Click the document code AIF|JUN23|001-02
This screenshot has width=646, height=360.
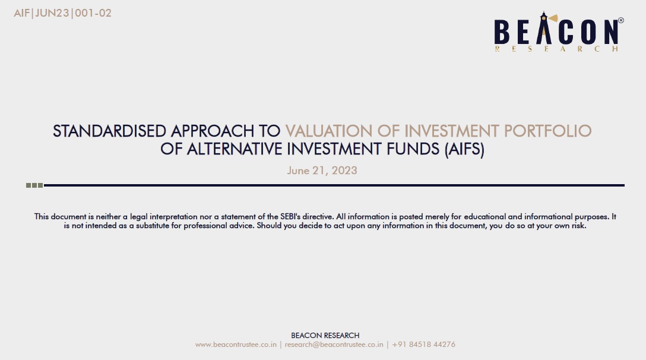click(x=62, y=13)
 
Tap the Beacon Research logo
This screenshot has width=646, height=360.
click(x=559, y=31)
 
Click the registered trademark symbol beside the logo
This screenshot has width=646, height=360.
click(x=621, y=20)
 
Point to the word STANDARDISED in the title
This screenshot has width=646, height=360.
click(x=109, y=131)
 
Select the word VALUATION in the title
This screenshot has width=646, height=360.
click(x=329, y=131)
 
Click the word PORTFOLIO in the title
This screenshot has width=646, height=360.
click(x=547, y=131)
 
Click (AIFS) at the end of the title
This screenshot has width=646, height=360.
click(x=464, y=149)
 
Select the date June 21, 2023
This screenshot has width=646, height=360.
click(x=322, y=170)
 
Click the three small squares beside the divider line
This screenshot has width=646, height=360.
click(x=34, y=185)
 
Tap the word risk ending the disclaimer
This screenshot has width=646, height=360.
click(x=578, y=226)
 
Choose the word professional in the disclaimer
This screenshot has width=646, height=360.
click(x=202, y=226)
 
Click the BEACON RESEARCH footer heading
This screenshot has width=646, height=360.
click(x=325, y=336)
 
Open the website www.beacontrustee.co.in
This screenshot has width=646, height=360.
click(x=236, y=345)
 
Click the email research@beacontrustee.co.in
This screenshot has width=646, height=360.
click(x=334, y=345)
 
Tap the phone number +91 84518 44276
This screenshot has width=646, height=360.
click(x=423, y=345)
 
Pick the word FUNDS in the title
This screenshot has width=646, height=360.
click(x=413, y=149)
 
